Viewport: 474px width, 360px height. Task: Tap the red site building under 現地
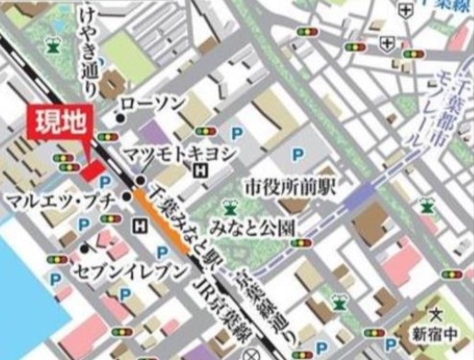(x=92, y=171)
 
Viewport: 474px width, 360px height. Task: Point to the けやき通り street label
(x=89, y=54)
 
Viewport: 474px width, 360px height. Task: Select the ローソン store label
(x=153, y=102)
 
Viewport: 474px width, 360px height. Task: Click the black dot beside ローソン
(x=119, y=118)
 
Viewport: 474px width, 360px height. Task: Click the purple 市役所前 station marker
(x=357, y=194)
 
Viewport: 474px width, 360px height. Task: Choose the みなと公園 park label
(x=257, y=226)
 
